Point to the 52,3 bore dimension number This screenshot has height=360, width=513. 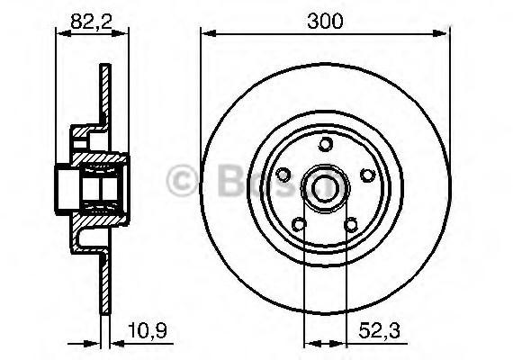point(382,332)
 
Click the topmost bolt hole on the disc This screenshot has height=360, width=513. point(325,144)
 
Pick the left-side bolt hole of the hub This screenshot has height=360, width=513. point(283,175)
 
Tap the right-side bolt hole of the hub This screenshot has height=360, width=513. point(366,175)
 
